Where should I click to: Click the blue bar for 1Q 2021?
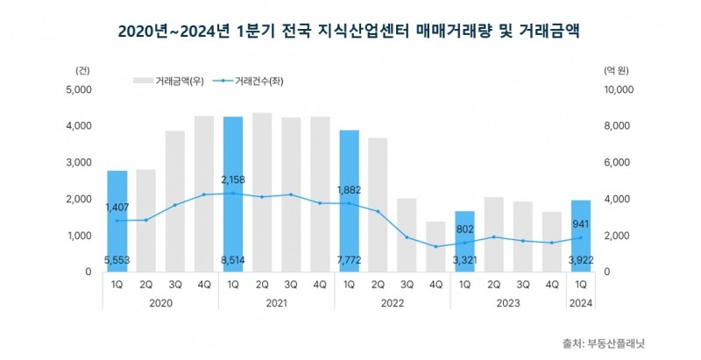pos(233,194)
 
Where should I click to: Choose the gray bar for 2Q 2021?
pos(262,192)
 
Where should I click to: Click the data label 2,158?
pos(233,179)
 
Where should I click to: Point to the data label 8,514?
pos(233,259)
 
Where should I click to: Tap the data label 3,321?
pos(465,259)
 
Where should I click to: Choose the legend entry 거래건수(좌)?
pos(259,81)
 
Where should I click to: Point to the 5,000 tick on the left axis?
pos(80,89)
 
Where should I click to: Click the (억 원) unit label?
pos(619,67)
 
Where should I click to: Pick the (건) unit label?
pos(82,67)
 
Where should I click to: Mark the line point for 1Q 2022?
pos(349,203)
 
